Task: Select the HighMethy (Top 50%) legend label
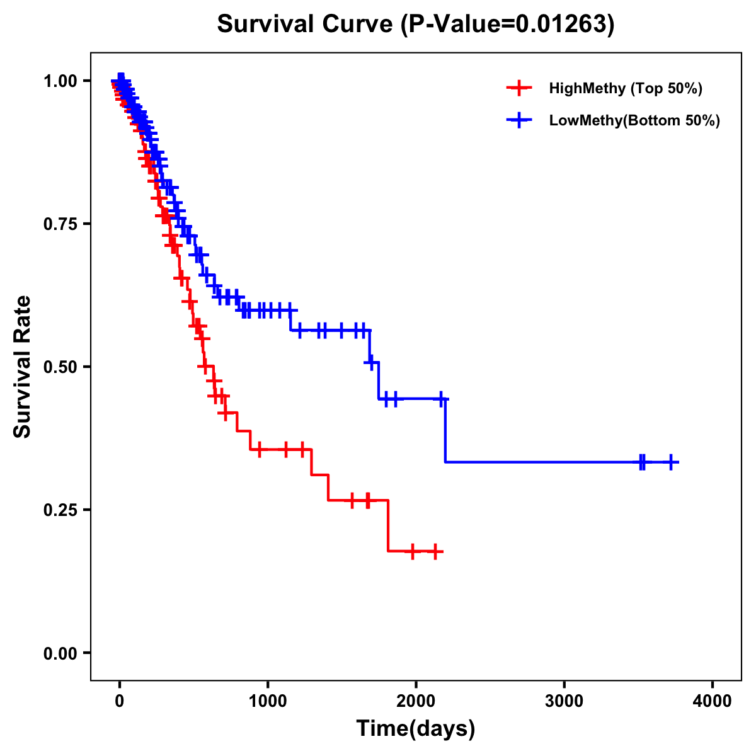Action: pos(625,88)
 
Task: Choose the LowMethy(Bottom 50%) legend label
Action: pos(634,120)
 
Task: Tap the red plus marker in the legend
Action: pos(518,88)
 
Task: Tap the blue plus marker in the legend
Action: pos(518,120)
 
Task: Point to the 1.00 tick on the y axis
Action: pos(60,81)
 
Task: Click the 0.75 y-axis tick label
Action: pos(60,224)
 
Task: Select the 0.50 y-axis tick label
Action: pos(60,367)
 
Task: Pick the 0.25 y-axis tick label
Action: pos(60,510)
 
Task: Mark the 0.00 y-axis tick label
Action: pos(60,653)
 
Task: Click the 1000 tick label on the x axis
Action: pos(268,701)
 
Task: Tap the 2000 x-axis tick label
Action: pos(416,701)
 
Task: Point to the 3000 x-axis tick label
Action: pos(564,701)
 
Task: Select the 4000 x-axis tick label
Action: pos(712,701)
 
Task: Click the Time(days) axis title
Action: pos(416,729)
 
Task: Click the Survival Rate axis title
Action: pos(23,366)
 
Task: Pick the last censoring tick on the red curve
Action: pos(435,551)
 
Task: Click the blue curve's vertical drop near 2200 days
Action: pos(445,432)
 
